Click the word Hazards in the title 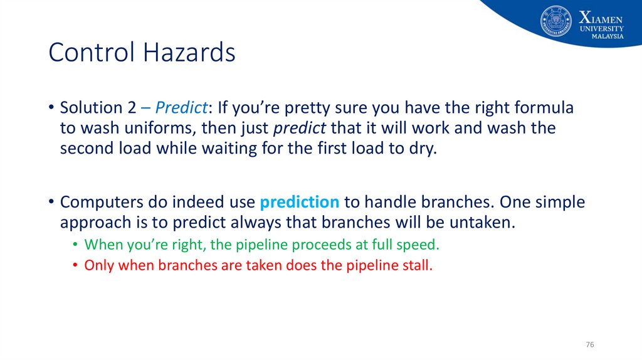pos(189,52)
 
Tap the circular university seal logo pos(555,21)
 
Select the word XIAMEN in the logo pos(601,18)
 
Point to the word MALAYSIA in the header pos(608,36)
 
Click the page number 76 pos(589,344)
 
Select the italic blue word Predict pos(181,108)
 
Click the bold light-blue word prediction pos(299,202)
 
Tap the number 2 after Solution pos(132,108)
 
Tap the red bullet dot pos(75,265)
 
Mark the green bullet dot pos(75,245)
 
